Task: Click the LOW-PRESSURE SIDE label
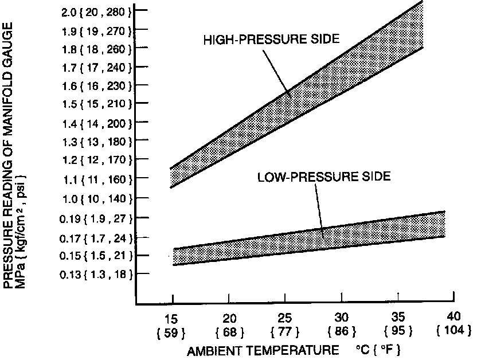pyautogui.click(x=323, y=177)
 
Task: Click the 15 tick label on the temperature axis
pyautogui.click(x=173, y=317)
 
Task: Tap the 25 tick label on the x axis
pyautogui.click(x=285, y=317)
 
